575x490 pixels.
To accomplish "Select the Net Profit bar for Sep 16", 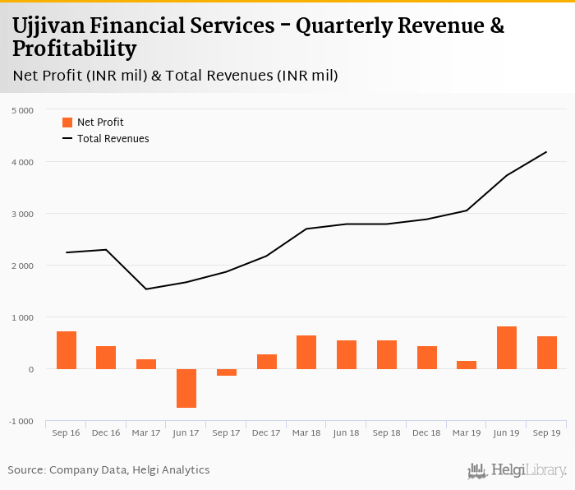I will [67, 350].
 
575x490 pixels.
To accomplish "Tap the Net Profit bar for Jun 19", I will [507, 348].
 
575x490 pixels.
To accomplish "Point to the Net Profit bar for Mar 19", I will [467, 365].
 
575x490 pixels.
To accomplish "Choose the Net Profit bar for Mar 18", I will [306, 352].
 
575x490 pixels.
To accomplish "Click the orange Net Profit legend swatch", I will [67, 122].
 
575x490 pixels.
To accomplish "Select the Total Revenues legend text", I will [113, 139].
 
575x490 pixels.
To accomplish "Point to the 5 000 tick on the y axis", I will [22, 110].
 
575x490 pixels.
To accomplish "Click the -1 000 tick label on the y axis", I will [21, 422].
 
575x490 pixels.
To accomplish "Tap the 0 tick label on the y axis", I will [30, 370].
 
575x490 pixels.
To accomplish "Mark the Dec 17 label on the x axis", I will [266, 432].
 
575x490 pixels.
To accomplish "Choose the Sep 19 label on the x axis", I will [546, 432].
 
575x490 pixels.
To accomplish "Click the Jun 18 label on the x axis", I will [347, 432].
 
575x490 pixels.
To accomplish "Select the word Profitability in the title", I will [74, 49].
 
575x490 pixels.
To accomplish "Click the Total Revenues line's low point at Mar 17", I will [146, 289].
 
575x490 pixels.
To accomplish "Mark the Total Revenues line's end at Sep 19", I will [546, 151].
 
